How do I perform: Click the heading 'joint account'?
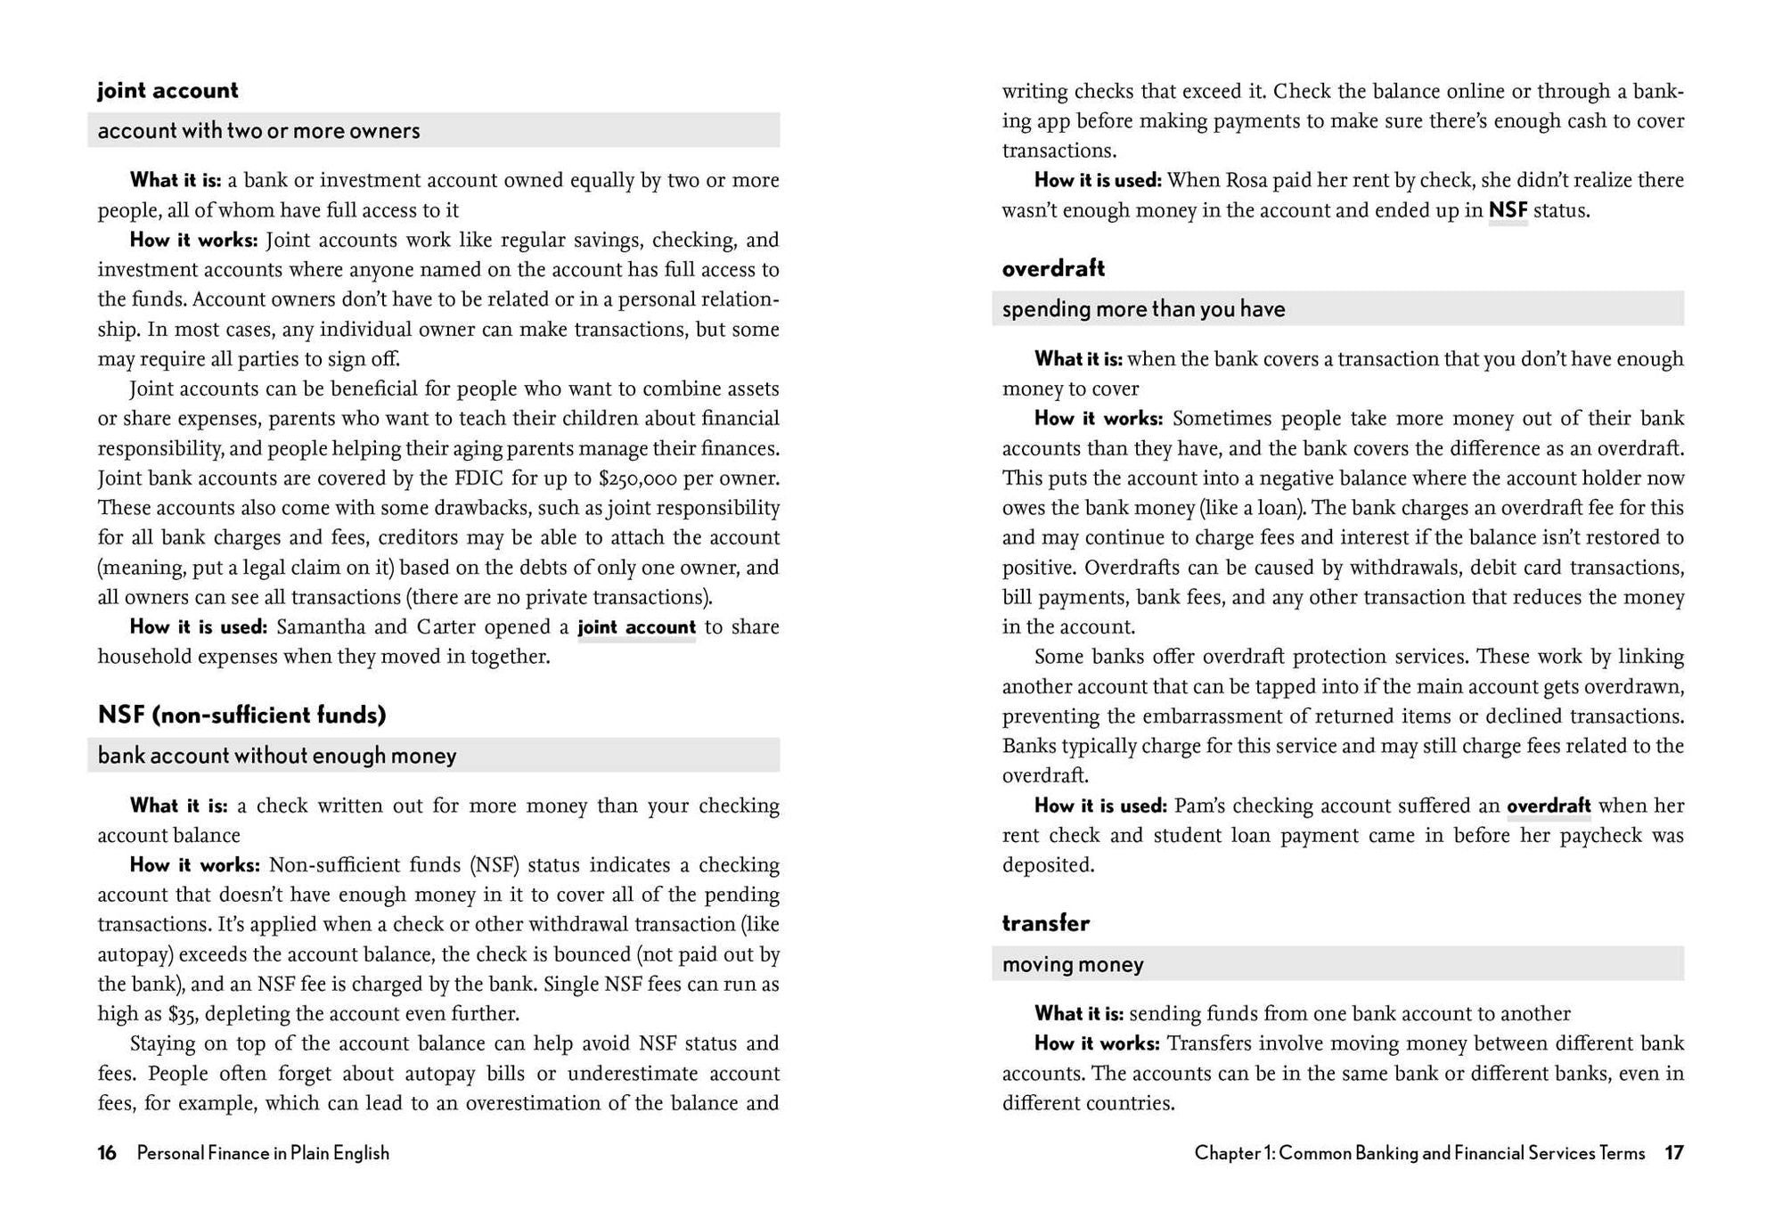[x=168, y=91]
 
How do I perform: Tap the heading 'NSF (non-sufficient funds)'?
[x=241, y=715]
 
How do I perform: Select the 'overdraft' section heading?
[x=1053, y=268]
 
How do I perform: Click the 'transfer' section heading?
[x=1045, y=923]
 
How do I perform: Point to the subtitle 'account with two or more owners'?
[x=258, y=131]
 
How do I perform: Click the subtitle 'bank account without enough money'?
[x=276, y=756]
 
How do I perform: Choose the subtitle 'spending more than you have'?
[x=1143, y=309]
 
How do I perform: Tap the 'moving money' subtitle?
[x=1073, y=964]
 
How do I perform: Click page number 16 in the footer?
[x=107, y=1153]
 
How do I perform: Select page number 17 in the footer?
[x=1674, y=1153]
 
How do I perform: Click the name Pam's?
[x=1199, y=806]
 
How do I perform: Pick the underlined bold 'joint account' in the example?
[x=636, y=627]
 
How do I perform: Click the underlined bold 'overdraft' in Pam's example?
[x=1549, y=806]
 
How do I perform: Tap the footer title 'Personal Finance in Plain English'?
[x=263, y=1153]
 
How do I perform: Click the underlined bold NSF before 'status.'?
[x=1508, y=210]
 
